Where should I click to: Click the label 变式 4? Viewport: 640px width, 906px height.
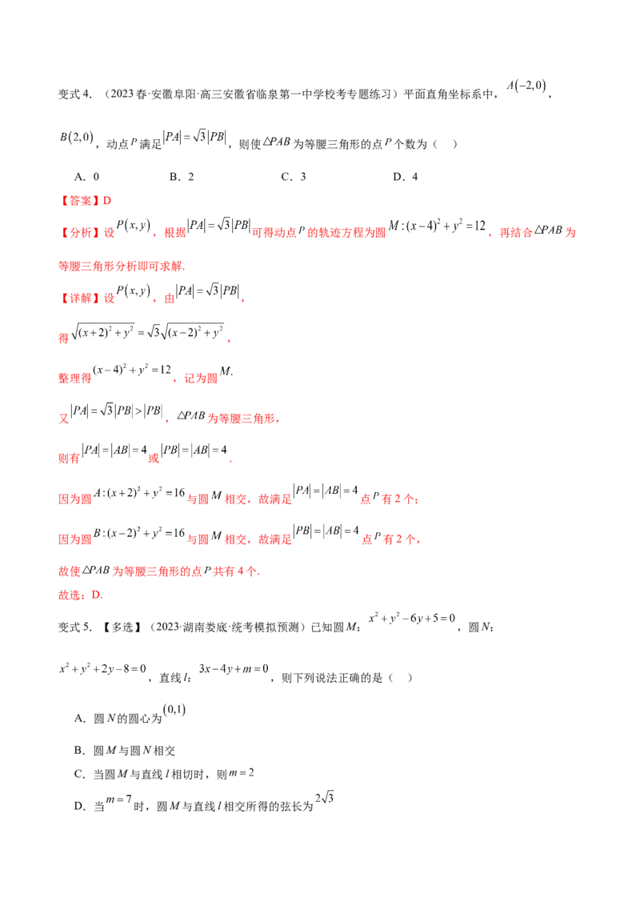point(75,94)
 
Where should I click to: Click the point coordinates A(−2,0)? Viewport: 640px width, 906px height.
point(526,86)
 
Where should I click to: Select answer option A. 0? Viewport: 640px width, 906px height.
point(86,177)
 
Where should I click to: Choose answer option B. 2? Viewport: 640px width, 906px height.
point(182,177)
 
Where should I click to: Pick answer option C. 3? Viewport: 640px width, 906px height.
point(294,177)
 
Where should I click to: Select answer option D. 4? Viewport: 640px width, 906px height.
point(406,177)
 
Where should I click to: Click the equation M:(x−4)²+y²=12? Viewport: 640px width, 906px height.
point(438,226)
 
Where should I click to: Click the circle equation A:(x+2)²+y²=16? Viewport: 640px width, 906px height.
point(139,493)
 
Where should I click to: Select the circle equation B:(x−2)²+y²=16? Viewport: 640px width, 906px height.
point(139,533)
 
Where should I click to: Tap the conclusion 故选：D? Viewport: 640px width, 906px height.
point(81,595)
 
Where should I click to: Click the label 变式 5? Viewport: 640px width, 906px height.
point(75,627)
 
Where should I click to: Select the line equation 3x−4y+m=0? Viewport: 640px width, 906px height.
point(234,669)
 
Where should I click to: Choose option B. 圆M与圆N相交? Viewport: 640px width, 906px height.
point(125,751)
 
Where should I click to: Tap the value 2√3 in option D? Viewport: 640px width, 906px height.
point(325,798)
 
